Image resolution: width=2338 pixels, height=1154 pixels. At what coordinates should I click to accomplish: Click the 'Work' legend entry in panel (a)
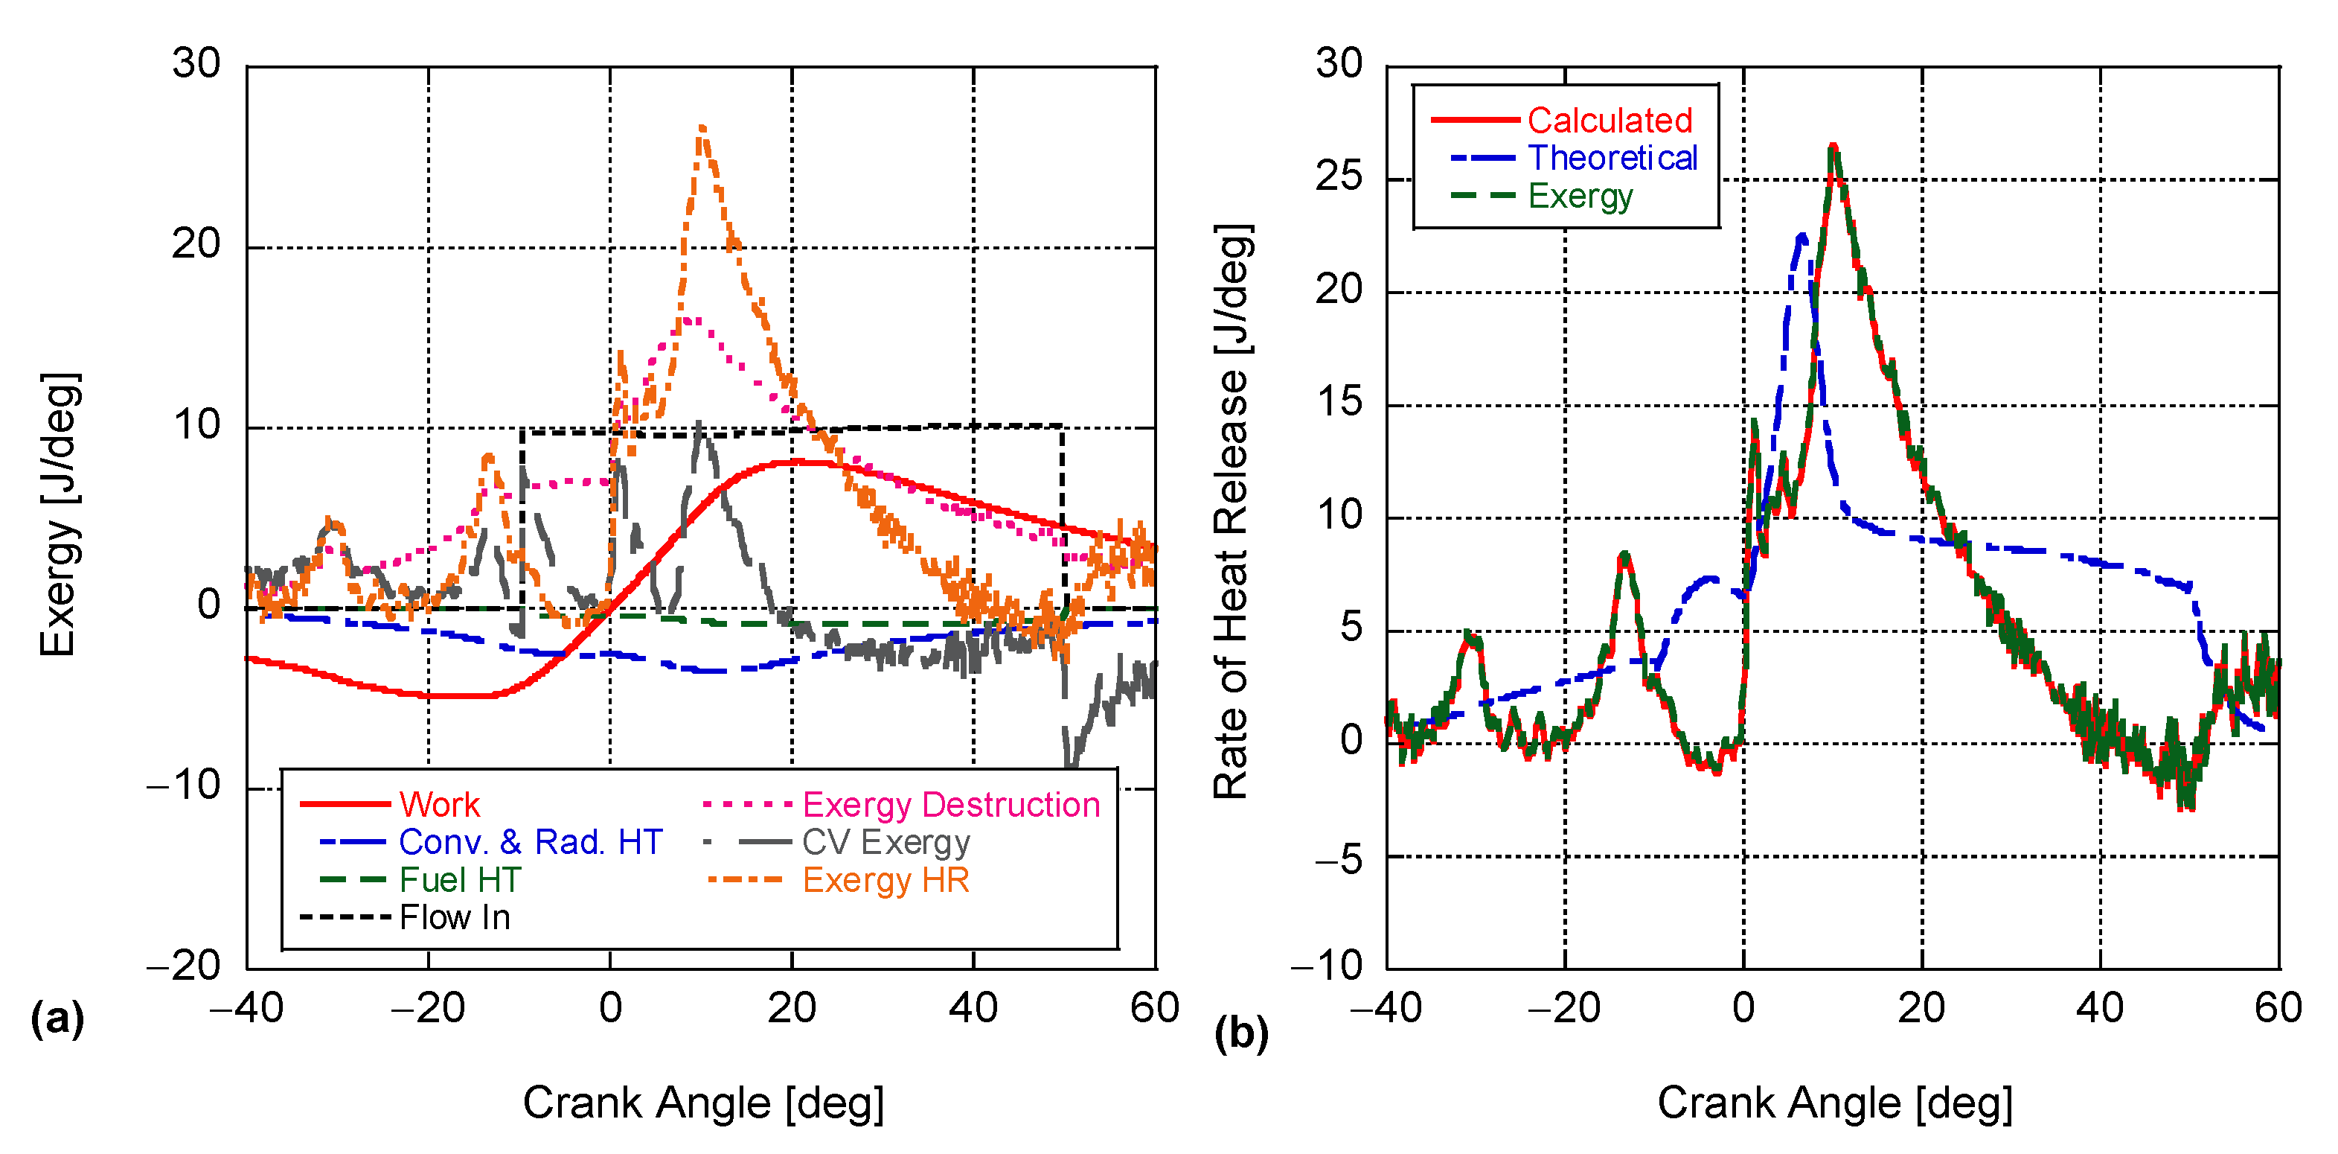pos(439,804)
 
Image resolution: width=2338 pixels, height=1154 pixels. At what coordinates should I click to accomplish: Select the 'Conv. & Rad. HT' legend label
pos(530,843)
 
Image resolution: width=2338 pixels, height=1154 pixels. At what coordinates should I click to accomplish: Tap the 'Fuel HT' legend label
pos(460,880)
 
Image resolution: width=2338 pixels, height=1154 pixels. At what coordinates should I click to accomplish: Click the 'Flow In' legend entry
pos(455,918)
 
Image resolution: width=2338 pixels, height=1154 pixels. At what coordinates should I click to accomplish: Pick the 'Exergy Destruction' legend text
pos(950,804)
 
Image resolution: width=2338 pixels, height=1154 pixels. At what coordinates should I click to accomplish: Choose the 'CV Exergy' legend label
pos(885,843)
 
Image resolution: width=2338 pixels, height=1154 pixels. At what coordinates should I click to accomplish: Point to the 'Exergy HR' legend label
pos(885,880)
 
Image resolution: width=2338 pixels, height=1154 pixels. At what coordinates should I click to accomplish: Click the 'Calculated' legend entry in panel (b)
pos(1610,120)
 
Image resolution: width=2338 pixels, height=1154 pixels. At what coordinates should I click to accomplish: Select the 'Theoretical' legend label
pos(1612,158)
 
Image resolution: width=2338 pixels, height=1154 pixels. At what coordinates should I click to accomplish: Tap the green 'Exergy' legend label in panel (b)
pos(1580,196)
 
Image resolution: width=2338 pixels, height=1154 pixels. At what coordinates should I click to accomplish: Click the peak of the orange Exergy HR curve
pos(702,128)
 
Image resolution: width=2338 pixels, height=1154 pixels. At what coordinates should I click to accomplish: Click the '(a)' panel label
pos(57,1018)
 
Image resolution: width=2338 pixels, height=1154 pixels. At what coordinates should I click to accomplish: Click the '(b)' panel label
pos(1240,1033)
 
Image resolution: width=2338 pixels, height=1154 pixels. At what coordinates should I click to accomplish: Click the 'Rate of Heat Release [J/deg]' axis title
pos(1232,511)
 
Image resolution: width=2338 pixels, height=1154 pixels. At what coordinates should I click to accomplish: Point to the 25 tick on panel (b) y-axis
pos(1339,176)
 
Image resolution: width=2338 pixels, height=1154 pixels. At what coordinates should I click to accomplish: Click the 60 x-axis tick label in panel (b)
pos(2277,1008)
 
